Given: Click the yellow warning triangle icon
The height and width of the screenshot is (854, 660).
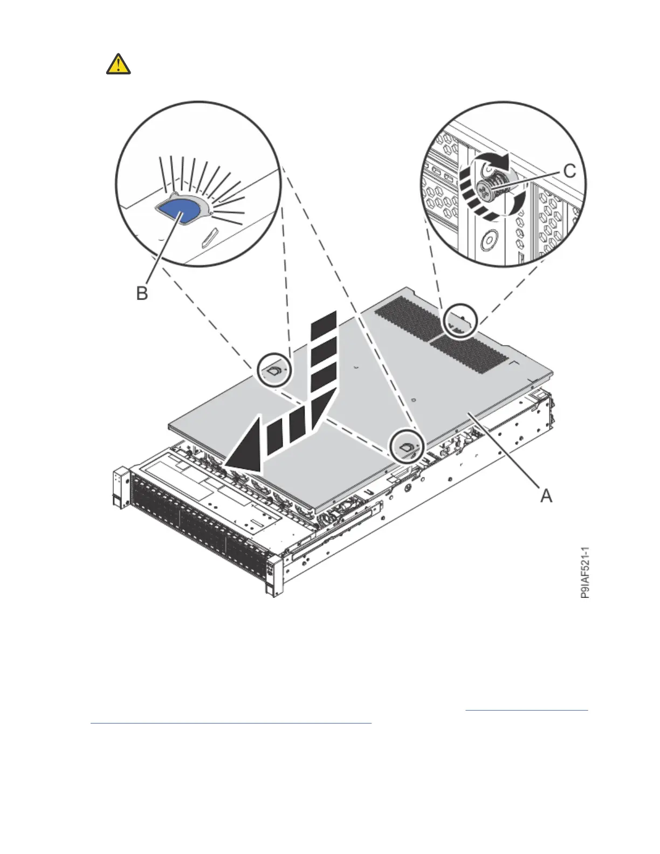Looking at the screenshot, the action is (118, 64).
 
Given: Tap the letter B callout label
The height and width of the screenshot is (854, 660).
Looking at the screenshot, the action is (141, 294).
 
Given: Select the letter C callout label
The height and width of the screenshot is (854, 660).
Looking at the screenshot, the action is (569, 171).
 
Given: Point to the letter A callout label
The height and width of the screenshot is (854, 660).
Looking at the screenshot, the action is (546, 495).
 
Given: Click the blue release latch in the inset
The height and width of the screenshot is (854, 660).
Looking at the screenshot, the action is (177, 212).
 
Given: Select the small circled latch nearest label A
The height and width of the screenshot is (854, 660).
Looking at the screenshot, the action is (407, 446).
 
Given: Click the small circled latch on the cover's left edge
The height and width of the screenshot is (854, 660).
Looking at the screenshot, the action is (274, 370).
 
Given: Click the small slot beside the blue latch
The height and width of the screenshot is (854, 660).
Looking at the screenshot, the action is (209, 237).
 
